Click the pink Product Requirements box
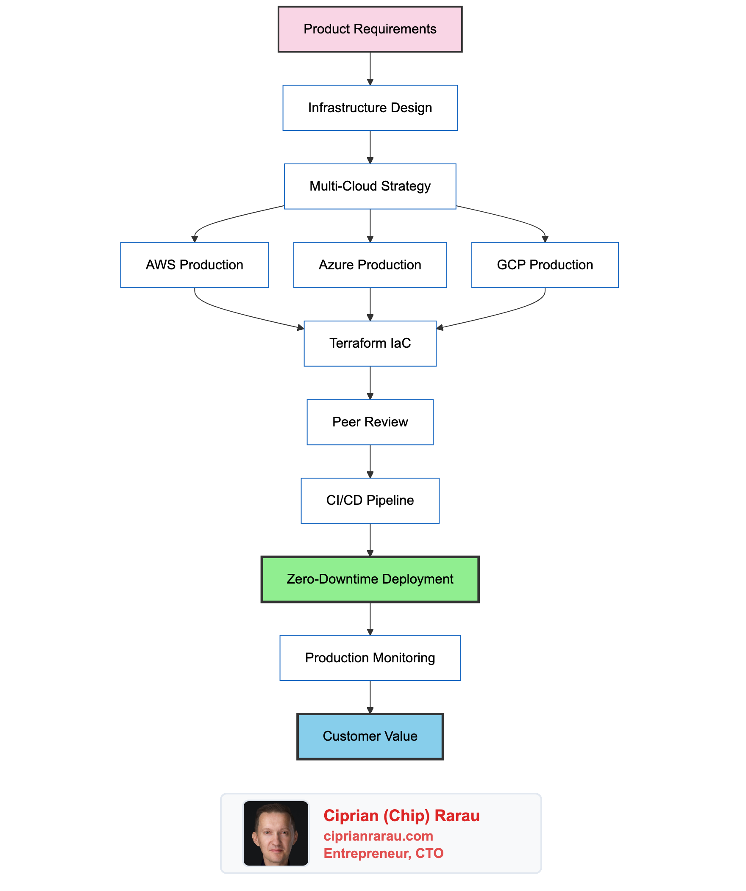click(370, 29)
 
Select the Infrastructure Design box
click(370, 108)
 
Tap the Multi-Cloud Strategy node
click(370, 186)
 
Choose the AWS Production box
click(195, 265)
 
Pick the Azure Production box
click(370, 265)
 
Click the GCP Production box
click(545, 265)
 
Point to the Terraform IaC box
click(370, 343)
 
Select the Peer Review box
click(370, 422)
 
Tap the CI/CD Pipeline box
click(370, 500)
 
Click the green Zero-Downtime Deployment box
click(370, 579)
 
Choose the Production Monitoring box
click(370, 658)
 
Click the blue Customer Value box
click(370, 736)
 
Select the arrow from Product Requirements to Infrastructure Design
click(370, 68)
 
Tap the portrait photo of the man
click(276, 833)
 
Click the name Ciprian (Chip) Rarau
click(401, 816)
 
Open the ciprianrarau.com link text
click(378, 836)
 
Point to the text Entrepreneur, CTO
click(383, 853)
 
